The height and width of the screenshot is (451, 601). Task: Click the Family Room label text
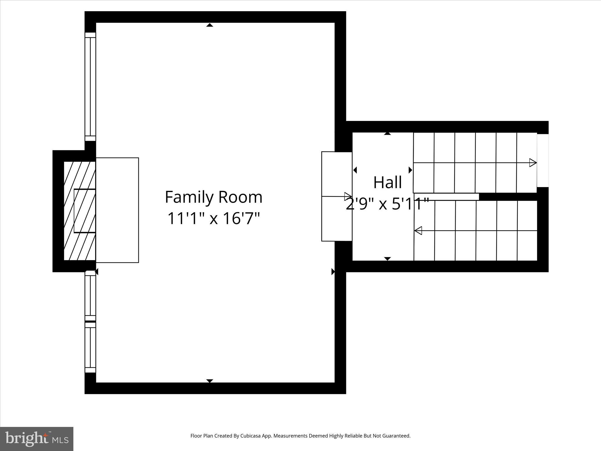213,197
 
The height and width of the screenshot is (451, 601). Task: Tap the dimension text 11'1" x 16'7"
213,218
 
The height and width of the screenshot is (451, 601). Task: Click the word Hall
387,183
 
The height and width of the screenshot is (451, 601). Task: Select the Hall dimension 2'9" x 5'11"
387,204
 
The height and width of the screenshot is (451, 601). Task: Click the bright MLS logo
37,439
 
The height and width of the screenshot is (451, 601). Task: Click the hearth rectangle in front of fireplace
117,210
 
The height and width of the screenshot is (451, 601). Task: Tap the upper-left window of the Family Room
90,87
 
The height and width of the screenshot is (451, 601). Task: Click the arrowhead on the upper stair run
533,163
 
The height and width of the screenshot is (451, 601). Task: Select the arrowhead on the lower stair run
418,230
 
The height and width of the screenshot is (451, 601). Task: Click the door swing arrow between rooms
348,196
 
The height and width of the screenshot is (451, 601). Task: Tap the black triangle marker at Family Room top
210,25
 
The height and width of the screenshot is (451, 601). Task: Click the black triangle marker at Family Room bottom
210,381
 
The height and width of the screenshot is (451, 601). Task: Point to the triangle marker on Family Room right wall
333,272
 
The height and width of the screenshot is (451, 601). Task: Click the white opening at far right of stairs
543,160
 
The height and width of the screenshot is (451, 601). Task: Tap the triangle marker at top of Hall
387,134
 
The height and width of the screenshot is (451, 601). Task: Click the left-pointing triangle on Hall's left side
355,170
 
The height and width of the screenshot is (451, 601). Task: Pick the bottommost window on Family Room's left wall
90,347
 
